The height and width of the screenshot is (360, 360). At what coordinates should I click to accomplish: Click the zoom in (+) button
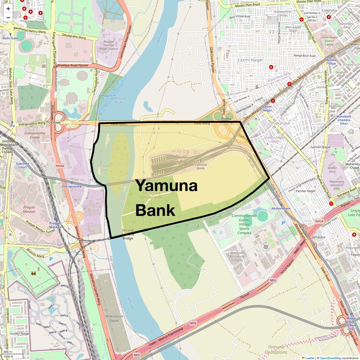(8, 9)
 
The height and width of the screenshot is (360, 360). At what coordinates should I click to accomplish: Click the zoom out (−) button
(8, 18)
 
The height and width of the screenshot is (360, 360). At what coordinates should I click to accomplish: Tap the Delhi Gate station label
(10, 38)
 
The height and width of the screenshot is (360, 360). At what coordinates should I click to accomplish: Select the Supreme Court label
(22, 165)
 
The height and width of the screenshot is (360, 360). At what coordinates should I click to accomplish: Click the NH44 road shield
(60, 166)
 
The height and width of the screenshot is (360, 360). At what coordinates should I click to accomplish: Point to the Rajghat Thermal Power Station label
(109, 45)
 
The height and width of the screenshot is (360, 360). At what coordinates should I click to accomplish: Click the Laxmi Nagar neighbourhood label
(250, 60)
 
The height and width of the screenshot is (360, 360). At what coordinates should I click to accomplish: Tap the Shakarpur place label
(280, 123)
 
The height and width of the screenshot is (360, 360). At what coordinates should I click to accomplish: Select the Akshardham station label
(281, 208)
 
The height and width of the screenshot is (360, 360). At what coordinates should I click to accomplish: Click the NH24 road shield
(319, 221)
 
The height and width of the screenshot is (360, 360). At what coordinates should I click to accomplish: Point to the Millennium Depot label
(114, 318)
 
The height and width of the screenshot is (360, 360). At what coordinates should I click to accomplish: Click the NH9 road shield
(193, 323)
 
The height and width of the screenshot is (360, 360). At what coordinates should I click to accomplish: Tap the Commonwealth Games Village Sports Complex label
(244, 224)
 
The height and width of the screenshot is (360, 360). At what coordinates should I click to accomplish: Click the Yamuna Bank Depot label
(180, 159)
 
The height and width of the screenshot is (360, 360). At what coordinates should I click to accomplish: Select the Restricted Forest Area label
(152, 195)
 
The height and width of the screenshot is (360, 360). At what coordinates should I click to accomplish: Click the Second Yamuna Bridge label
(127, 234)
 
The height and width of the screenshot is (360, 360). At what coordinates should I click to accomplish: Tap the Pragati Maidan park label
(29, 209)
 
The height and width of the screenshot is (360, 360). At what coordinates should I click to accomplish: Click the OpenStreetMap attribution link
(330, 358)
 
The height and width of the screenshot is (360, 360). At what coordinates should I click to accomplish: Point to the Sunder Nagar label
(19, 334)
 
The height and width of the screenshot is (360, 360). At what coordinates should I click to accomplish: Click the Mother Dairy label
(332, 170)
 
